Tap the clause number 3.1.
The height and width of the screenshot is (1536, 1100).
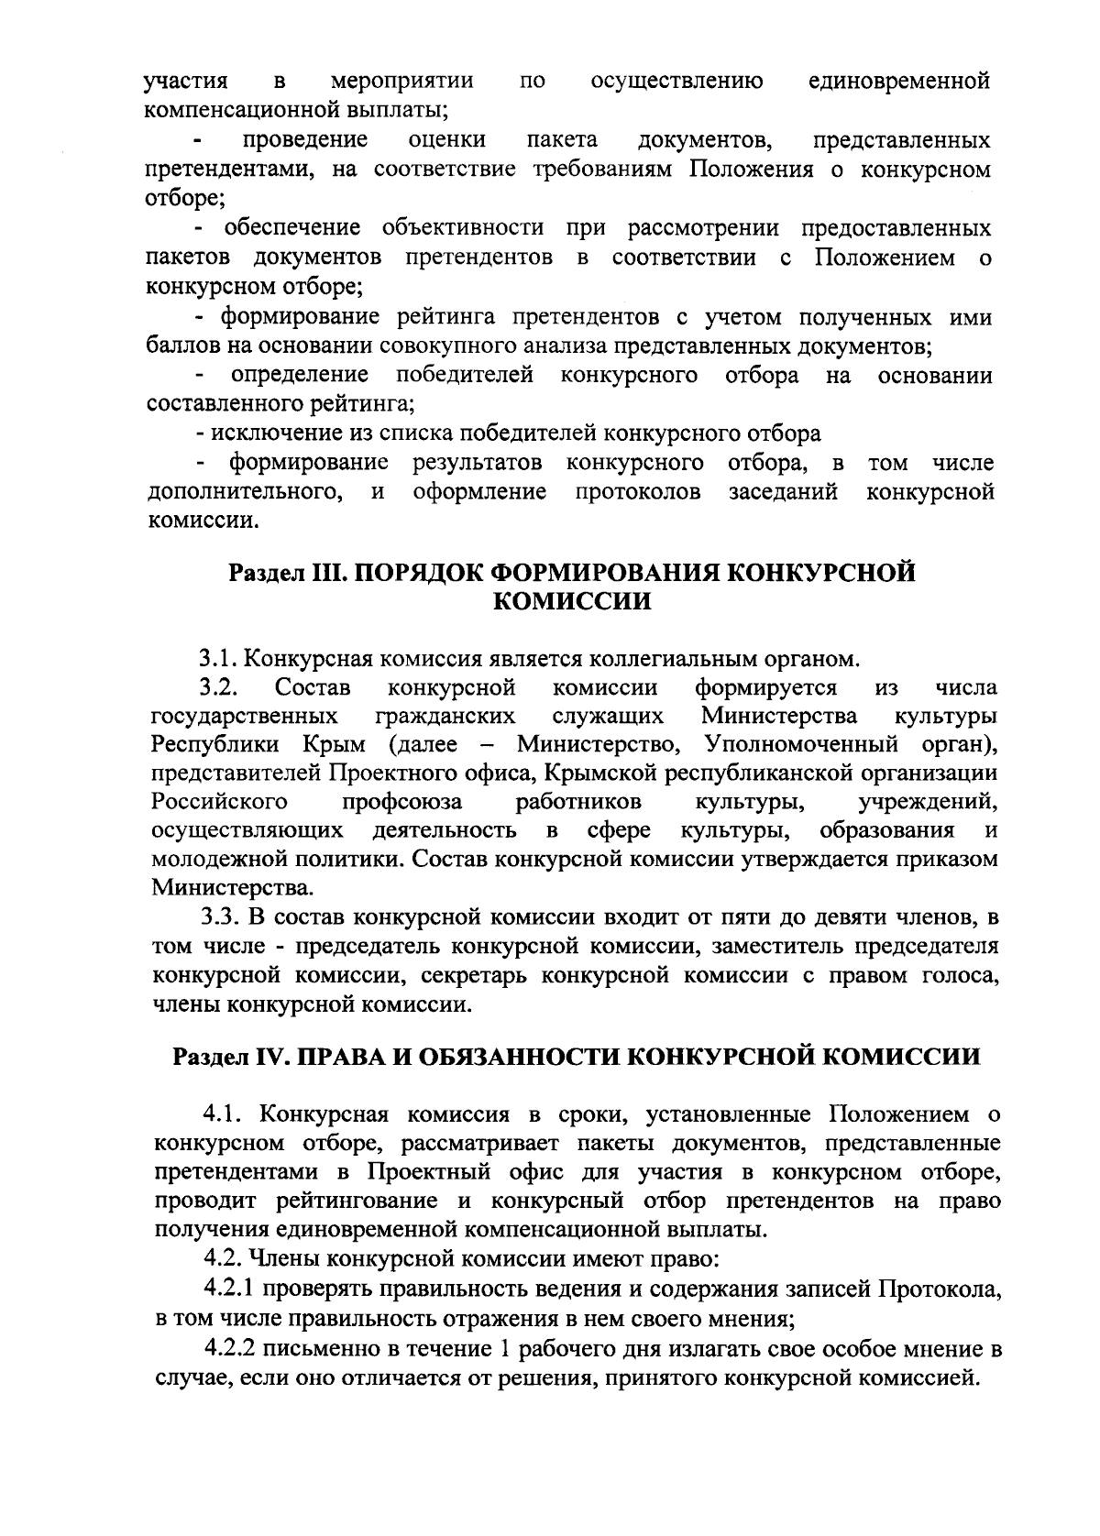click(220, 659)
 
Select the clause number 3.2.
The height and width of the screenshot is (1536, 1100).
click(220, 687)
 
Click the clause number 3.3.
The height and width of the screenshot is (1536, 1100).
click(221, 917)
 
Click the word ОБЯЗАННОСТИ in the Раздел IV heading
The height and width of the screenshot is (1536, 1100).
click(517, 1057)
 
